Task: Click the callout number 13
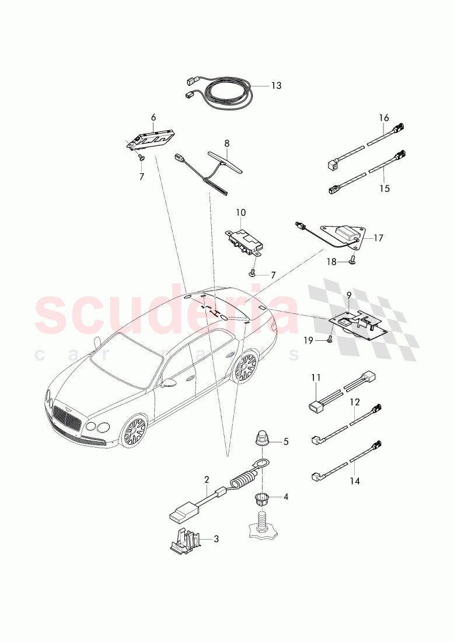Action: point(276,85)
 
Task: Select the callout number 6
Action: point(153,117)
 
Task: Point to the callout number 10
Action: point(240,212)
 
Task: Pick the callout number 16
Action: point(383,118)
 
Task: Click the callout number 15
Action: point(383,189)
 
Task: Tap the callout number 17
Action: point(378,238)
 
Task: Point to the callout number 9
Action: point(348,296)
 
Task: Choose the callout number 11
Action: point(316,378)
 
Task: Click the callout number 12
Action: point(355,402)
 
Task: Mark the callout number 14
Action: point(355,481)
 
